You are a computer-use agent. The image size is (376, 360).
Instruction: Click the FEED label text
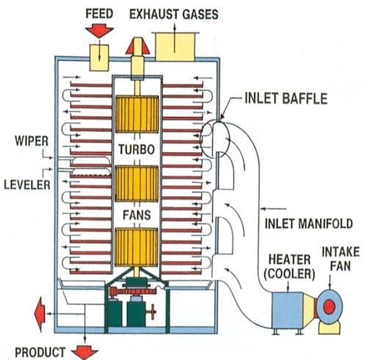tap(99, 13)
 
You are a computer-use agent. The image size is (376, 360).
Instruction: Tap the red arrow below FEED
tap(99, 31)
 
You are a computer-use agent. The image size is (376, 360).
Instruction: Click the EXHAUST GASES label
tap(174, 14)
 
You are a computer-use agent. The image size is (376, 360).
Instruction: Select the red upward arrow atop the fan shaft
tap(137, 46)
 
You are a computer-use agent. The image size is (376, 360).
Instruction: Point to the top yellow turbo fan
tap(137, 114)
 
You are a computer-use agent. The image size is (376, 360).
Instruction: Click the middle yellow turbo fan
tap(137, 184)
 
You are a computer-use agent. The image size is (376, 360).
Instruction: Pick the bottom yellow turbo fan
tap(137, 247)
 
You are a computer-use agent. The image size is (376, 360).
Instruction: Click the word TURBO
tap(137, 149)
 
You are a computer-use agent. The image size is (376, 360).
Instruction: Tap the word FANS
tap(137, 215)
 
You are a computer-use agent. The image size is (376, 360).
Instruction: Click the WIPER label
tap(32, 141)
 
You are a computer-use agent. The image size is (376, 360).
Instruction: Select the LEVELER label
tap(27, 184)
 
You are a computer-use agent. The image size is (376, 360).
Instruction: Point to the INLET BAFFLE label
tap(286, 98)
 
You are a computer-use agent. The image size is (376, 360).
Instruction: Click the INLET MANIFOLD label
tap(308, 223)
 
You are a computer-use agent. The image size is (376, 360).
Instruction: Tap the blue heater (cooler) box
tap(288, 310)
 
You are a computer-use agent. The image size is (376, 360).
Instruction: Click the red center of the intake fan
tap(329, 306)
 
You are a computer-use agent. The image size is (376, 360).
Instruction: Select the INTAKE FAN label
tap(341, 259)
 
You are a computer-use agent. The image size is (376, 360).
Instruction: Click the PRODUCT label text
tap(40, 352)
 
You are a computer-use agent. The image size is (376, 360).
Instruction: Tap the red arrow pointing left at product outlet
tap(40, 314)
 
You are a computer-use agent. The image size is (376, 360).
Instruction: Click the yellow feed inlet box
tap(99, 58)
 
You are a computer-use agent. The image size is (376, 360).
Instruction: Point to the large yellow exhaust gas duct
tap(176, 47)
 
